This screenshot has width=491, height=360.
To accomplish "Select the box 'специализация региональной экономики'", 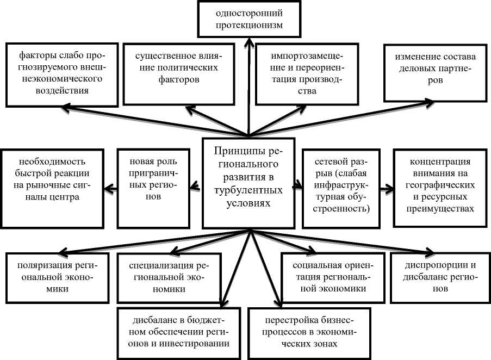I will (x=167, y=278).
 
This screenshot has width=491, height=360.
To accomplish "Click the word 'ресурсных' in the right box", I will (x=439, y=198).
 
